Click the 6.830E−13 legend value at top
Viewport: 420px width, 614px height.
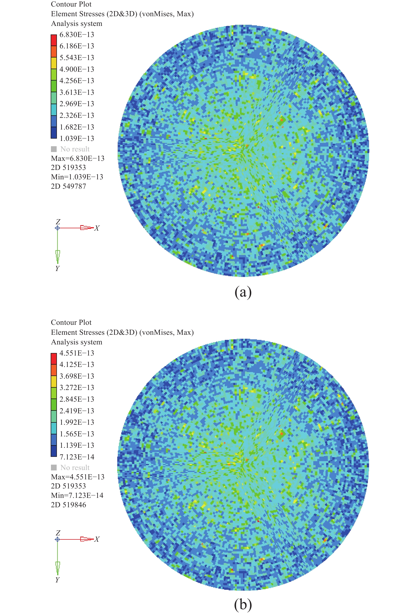tap(77, 35)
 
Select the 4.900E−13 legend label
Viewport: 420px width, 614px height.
tap(77, 69)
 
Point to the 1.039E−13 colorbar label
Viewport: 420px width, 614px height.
tap(77, 139)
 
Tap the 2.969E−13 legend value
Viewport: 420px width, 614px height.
tap(77, 104)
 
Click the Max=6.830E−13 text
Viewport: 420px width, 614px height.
tap(77, 159)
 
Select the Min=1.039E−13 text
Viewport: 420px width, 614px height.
tap(77, 177)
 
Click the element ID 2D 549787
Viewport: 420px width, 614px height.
tap(68, 186)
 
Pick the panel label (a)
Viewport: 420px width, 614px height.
tap(243, 292)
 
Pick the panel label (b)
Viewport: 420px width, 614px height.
tap(243, 605)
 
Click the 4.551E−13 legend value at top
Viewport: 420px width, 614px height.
tap(77, 353)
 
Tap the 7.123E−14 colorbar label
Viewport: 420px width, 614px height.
tap(77, 457)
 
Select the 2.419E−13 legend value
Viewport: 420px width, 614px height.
tap(77, 411)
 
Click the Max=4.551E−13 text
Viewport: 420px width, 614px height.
tap(77, 477)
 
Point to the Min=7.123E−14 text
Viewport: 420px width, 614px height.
tap(77, 496)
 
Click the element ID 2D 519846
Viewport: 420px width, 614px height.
tap(68, 505)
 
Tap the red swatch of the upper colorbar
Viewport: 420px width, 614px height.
tap(54, 40)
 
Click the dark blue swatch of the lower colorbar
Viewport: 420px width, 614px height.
tap(54, 451)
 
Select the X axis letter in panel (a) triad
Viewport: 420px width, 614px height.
tap(97, 228)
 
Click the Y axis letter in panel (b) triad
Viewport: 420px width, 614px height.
tap(57, 580)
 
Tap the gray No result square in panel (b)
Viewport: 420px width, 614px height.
tap(54, 468)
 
